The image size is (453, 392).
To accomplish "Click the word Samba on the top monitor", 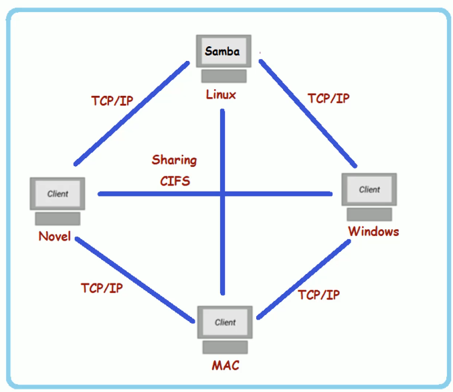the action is pos(222,51).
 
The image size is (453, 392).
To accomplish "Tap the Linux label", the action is pos(221,94).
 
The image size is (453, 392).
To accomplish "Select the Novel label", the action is pos(55,237).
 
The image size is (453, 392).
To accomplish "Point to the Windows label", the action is pos(373,231).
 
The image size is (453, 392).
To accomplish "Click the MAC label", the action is pos(225,365).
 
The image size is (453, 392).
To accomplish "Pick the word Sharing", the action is pos(174,160).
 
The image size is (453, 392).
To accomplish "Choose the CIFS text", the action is pos(175,181).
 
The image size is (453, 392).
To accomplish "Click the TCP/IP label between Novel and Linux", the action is pos(112,101).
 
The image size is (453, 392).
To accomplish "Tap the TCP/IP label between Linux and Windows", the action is pos(329,99).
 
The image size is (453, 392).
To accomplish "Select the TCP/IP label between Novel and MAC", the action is pos(102,288).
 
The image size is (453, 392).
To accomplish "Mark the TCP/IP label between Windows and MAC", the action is pos(319,295).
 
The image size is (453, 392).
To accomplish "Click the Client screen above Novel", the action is pos(58,194).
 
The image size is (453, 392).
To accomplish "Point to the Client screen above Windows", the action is pos(369,190).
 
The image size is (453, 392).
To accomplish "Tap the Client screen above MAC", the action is pos(225,322).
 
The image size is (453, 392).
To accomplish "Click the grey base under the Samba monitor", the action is pos(224,76).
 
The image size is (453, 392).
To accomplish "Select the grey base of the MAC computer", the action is pos(225,347).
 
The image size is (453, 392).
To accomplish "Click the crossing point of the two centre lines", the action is pos(222,194).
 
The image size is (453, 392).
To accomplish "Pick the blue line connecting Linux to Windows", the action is pos(308,113).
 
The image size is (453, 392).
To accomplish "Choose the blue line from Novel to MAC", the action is pos(134,279).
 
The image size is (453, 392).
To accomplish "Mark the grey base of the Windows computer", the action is pos(369,214).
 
